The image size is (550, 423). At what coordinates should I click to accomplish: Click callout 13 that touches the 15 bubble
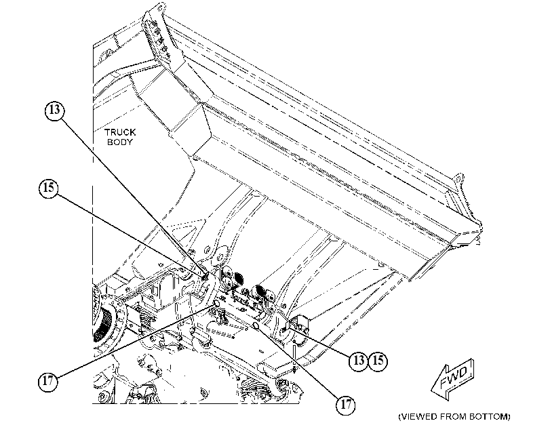[x=358, y=360]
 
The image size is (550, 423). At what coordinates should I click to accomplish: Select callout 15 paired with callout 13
[x=378, y=360]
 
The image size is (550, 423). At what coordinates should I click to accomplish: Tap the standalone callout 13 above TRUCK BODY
[x=55, y=110]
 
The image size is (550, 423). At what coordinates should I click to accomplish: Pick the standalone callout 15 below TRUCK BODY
[x=48, y=188]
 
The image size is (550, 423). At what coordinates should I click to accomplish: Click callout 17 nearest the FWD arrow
[x=345, y=405]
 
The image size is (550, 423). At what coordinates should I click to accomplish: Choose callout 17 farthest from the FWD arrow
[x=47, y=381]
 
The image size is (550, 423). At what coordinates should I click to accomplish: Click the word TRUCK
[x=120, y=132]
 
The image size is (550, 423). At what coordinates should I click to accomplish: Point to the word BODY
[x=120, y=142]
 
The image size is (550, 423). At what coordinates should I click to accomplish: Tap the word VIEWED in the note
[x=420, y=417]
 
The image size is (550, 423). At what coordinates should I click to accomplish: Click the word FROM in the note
[x=453, y=417]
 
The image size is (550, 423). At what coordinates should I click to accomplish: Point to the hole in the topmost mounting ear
[x=160, y=7]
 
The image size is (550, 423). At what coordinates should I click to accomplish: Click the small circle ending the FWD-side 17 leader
[x=256, y=327]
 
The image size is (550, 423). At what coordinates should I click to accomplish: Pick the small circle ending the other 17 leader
[x=216, y=303]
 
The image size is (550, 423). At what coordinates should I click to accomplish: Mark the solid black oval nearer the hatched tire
[x=239, y=279]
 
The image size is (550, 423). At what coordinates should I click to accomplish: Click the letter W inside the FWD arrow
[x=453, y=378]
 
